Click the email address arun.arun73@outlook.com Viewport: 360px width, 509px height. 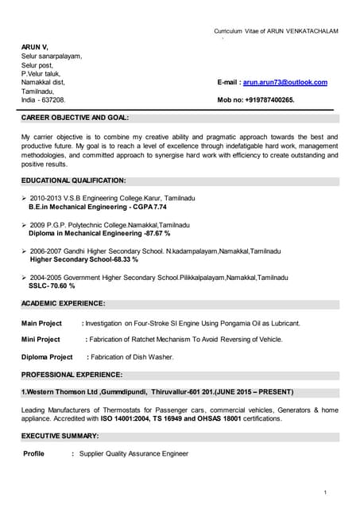(285, 82)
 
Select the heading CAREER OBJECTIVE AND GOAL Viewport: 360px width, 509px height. (75, 118)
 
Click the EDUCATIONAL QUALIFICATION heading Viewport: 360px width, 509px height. (73, 181)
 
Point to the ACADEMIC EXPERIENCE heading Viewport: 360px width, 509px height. (63, 303)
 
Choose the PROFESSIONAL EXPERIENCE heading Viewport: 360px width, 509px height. (72, 374)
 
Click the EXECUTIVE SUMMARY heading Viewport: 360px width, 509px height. (60, 436)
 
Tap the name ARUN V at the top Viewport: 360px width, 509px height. (34, 48)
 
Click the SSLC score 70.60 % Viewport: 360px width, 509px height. (62, 286)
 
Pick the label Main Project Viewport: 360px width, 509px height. (41, 324)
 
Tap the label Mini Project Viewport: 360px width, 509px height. (41, 340)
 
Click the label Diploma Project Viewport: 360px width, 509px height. (47, 357)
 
